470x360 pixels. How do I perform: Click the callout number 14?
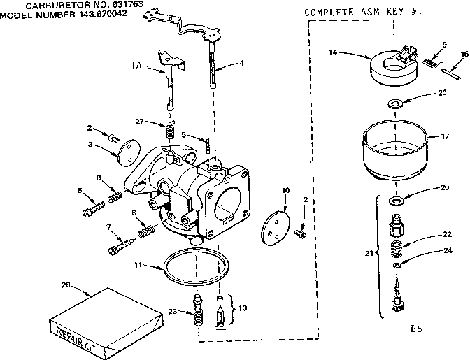(x=333, y=52)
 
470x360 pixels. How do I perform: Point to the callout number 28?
(x=65, y=285)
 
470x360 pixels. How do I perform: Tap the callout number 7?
(x=108, y=228)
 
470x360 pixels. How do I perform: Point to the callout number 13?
(x=243, y=308)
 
